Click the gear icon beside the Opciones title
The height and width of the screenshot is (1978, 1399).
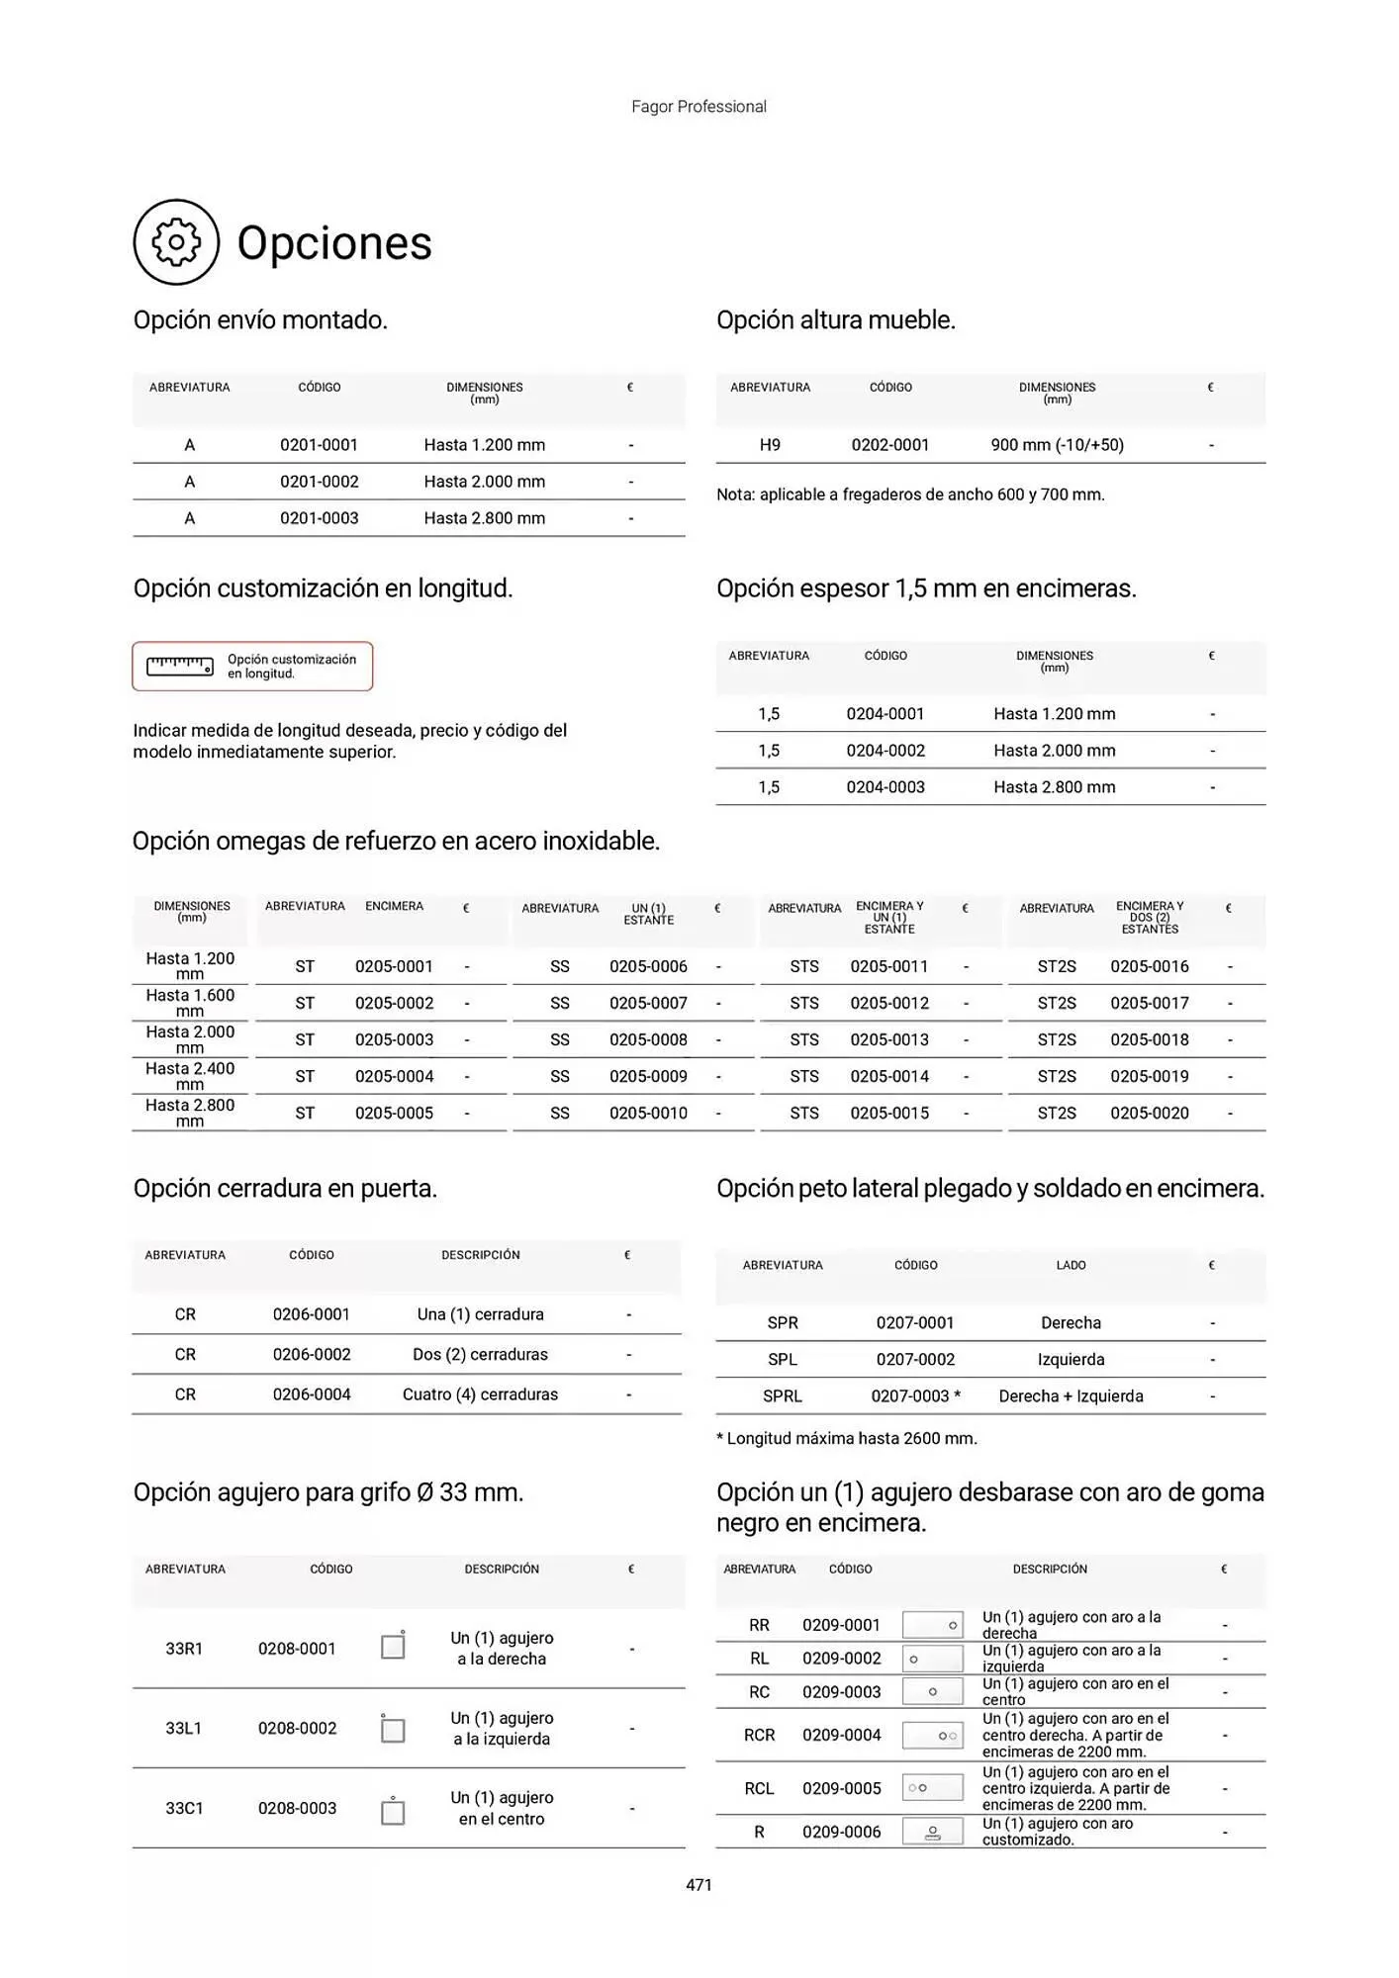pos(176,242)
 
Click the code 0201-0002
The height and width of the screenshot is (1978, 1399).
pos(319,482)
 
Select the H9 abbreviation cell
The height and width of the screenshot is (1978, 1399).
pos(770,445)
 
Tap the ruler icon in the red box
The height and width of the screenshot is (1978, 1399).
pos(180,667)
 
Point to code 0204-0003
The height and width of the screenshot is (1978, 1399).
pos(886,787)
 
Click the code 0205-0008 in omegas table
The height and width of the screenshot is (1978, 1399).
pos(648,1039)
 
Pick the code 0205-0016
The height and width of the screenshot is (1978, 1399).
pos(1149,966)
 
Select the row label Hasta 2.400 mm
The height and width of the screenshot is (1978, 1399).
pos(190,1076)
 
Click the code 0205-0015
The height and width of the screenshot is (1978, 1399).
pos(889,1113)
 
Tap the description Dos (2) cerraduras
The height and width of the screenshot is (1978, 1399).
pos(480,1354)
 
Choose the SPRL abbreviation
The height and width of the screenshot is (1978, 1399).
pos(783,1395)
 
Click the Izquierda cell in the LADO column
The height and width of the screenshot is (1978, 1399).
pos(1071,1359)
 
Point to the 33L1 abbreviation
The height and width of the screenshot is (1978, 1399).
pos(184,1728)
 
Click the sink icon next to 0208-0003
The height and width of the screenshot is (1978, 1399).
pos(393,1810)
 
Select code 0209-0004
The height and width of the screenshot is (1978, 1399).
pos(841,1735)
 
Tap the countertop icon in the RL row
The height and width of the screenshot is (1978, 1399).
pos(932,1659)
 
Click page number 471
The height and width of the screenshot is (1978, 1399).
pos(699,1885)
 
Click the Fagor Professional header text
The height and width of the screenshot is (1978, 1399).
pos(699,107)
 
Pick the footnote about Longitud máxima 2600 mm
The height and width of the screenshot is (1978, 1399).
pos(847,1438)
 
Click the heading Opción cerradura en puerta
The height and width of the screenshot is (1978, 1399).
pos(285,1188)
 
